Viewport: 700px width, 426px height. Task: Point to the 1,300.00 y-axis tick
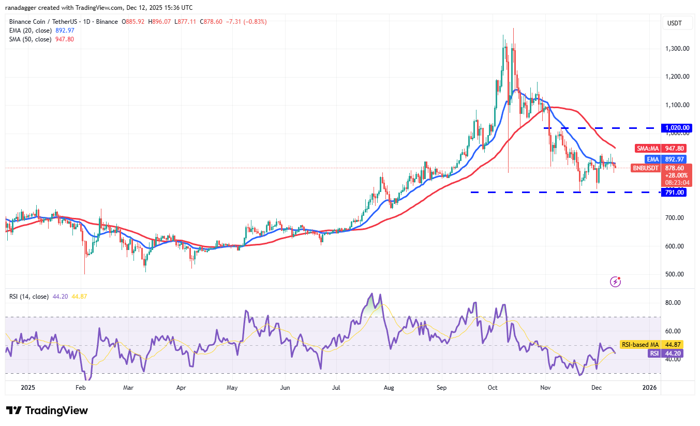point(677,49)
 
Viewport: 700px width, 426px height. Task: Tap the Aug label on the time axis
point(389,387)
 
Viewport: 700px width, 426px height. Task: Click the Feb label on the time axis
point(80,387)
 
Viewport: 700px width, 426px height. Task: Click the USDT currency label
point(675,23)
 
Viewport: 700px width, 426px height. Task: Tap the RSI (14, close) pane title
point(29,297)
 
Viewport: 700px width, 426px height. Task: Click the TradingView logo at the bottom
point(47,410)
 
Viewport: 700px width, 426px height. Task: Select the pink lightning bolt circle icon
point(616,282)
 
